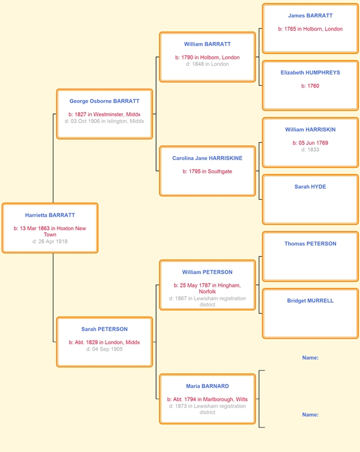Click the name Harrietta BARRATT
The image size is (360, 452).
(x=50, y=215)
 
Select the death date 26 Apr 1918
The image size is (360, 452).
(x=50, y=241)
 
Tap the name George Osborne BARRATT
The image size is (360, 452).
(x=104, y=101)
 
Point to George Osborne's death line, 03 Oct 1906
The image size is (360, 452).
(x=104, y=121)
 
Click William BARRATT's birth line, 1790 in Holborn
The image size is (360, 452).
(x=208, y=58)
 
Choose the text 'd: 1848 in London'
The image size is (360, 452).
(x=208, y=64)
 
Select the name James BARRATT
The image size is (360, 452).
(x=310, y=16)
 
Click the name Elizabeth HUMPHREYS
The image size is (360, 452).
(x=310, y=73)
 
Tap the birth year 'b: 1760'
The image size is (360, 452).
(x=310, y=86)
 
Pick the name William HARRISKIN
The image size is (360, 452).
(x=310, y=129)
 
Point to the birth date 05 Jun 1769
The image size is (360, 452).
(x=310, y=143)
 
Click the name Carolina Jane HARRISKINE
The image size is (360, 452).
(x=208, y=158)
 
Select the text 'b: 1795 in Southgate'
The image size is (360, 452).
(x=208, y=171)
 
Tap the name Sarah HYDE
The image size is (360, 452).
(x=310, y=187)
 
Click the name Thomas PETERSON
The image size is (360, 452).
(x=310, y=244)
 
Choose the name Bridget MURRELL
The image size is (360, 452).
(x=310, y=301)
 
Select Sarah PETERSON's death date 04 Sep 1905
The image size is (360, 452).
(x=104, y=349)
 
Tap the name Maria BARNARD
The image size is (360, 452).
(x=208, y=386)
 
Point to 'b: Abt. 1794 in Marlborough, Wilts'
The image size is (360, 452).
(x=208, y=399)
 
